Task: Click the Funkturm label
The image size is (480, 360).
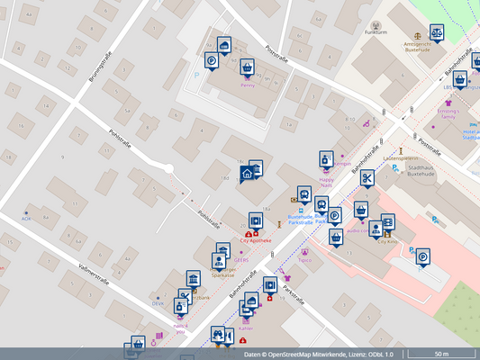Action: click(x=376, y=32)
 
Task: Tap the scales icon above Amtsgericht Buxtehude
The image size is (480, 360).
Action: click(x=437, y=31)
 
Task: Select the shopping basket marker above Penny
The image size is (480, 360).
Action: click(x=247, y=67)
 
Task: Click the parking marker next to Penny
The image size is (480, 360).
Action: click(x=211, y=61)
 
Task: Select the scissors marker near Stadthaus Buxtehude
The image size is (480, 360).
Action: click(x=367, y=178)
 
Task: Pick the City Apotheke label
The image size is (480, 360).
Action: click(x=257, y=241)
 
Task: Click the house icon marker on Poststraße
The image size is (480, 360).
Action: click(x=246, y=173)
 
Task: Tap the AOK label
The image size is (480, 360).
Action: click(x=26, y=219)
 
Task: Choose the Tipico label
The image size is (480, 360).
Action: click(x=304, y=261)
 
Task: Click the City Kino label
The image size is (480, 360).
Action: click(x=387, y=241)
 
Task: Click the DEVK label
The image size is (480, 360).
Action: click(x=158, y=304)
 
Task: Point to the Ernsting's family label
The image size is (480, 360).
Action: click(x=448, y=113)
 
